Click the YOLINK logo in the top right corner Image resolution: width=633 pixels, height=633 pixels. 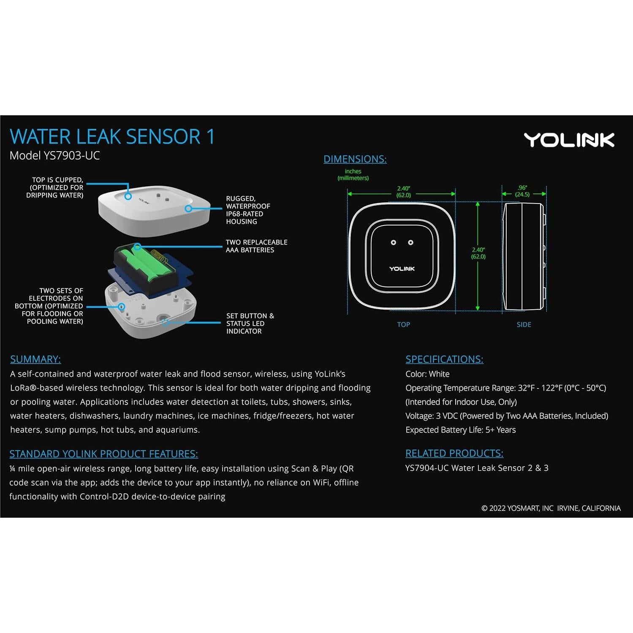[x=568, y=140]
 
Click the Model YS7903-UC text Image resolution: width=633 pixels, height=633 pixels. [x=54, y=156]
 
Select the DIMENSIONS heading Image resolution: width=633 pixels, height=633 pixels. [x=355, y=159]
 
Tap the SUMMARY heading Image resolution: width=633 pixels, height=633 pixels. [x=35, y=359]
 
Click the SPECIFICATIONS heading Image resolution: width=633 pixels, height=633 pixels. [x=444, y=359]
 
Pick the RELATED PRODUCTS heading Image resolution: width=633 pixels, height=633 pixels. [x=454, y=454]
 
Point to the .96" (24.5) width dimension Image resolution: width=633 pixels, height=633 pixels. [x=522, y=191]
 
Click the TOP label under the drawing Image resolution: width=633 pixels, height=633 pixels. [x=403, y=325]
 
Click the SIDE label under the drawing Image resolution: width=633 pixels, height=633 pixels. [x=524, y=325]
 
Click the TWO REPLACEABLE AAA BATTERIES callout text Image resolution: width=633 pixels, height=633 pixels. [x=256, y=246]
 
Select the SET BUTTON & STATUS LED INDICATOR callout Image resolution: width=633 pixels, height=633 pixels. [x=250, y=323]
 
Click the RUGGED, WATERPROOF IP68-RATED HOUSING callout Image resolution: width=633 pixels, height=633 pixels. [x=248, y=210]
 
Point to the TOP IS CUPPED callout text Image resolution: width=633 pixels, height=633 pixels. [x=55, y=187]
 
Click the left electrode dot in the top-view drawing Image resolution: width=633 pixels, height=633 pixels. [x=394, y=242]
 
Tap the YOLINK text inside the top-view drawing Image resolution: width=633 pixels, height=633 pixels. [x=402, y=269]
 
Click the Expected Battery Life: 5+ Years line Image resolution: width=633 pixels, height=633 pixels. [x=460, y=430]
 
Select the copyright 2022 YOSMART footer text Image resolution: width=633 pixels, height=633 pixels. [x=551, y=508]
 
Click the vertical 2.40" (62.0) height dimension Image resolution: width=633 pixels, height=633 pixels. [x=478, y=253]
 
